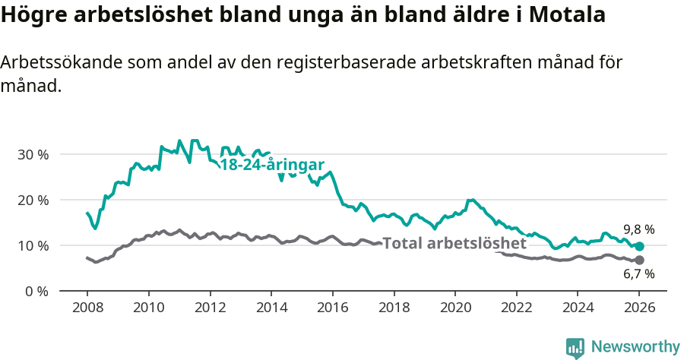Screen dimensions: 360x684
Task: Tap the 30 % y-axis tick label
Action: [x=33, y=154]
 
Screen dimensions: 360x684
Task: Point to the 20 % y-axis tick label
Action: [x=33, y=200]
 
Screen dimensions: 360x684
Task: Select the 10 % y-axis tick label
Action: [x=33, y=245]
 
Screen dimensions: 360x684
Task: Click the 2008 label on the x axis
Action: [x=87, y=308]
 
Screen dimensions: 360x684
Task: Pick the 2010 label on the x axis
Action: [x=148, y=308]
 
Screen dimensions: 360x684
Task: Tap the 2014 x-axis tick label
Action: [x=271, y=308]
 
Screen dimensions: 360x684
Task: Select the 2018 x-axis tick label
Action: [x=394, y=308]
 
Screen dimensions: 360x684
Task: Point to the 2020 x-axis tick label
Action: [x=455, y=308]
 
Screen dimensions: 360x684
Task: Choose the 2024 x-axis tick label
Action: [x=578, y=308]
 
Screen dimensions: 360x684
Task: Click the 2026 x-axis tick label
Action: [x=639, y=308]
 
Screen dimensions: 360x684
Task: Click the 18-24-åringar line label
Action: [x=272, y=166]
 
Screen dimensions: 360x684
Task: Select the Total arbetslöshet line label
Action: [x=454, y=244]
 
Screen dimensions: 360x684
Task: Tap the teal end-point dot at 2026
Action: [x=639, y=246]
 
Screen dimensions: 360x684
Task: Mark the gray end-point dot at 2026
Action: [x=639, y=261]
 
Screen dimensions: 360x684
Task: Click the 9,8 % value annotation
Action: [x=639, y=229]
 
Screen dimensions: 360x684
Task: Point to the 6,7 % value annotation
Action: [x=639, y=275]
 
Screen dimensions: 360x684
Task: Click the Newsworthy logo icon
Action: [x=575, y=347]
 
